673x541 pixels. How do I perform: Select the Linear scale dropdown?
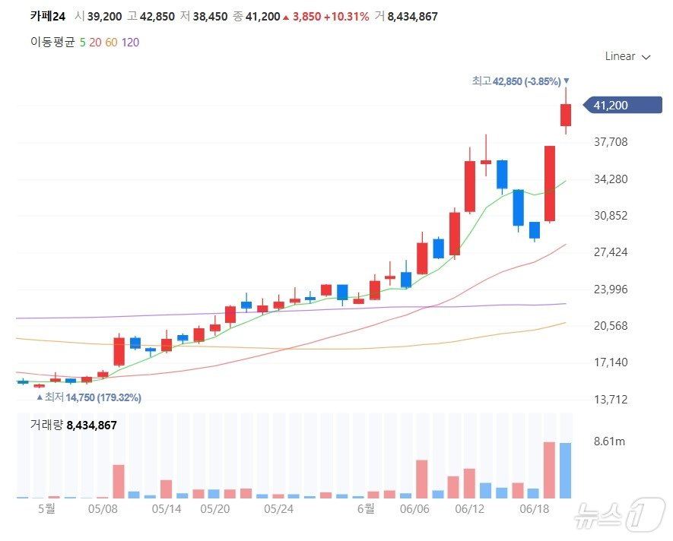627,56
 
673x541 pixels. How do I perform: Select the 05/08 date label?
103,508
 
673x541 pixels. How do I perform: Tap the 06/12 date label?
469,508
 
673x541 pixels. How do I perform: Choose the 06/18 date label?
535,508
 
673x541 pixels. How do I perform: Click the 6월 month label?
366,508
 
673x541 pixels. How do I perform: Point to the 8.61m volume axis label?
608,441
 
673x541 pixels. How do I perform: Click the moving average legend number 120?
130,42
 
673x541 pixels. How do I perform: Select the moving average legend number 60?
111,42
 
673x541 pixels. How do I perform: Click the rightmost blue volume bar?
566,470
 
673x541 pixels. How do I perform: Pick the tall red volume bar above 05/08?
119,481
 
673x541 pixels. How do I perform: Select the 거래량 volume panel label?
46,425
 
